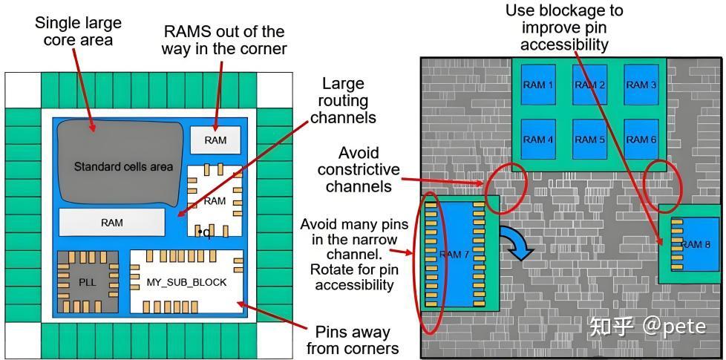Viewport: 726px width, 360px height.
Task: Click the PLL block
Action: (x=88, y=281)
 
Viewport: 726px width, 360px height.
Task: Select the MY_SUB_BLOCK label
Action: (x=186, y=282)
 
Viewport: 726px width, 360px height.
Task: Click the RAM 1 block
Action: (x=538, y=85)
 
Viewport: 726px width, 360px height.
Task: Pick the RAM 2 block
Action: (x=589, y=85)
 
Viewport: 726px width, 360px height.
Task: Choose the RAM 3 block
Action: (x=641, y=85)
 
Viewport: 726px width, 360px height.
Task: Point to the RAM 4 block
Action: (x=538, y=140)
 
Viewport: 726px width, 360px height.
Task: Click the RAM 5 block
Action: (x=589, y=140)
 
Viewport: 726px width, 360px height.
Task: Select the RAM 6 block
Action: (x=641, y=140)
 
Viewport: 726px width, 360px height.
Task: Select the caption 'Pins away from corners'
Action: (x=353, y=340)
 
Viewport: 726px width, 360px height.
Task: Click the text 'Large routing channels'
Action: (x=343, y=100)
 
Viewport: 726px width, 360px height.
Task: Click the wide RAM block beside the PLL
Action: (x=112, y=223)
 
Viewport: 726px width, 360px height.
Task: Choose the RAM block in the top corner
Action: (x=216, y=140)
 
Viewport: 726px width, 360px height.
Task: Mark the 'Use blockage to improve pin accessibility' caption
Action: (x=564, y=27)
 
